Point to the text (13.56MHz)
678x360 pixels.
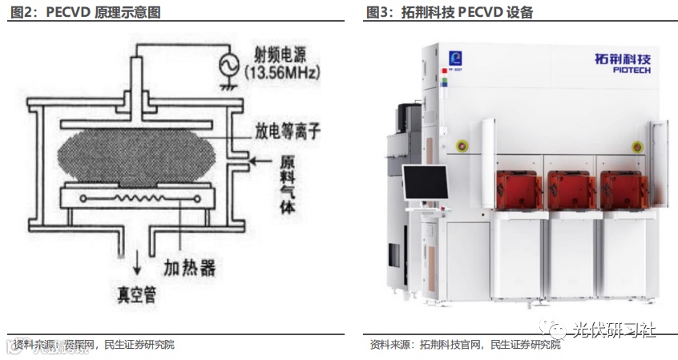[x=283, y=73]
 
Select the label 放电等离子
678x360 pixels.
[x=281, y=131]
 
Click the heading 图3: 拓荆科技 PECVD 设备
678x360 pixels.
[x=450, y=12]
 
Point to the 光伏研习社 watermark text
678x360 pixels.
[x=614, y=329]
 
